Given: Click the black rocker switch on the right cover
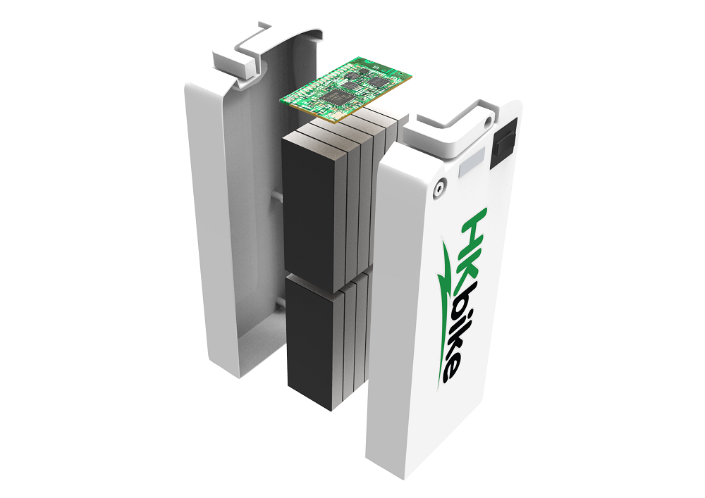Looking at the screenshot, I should click(503, 142).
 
